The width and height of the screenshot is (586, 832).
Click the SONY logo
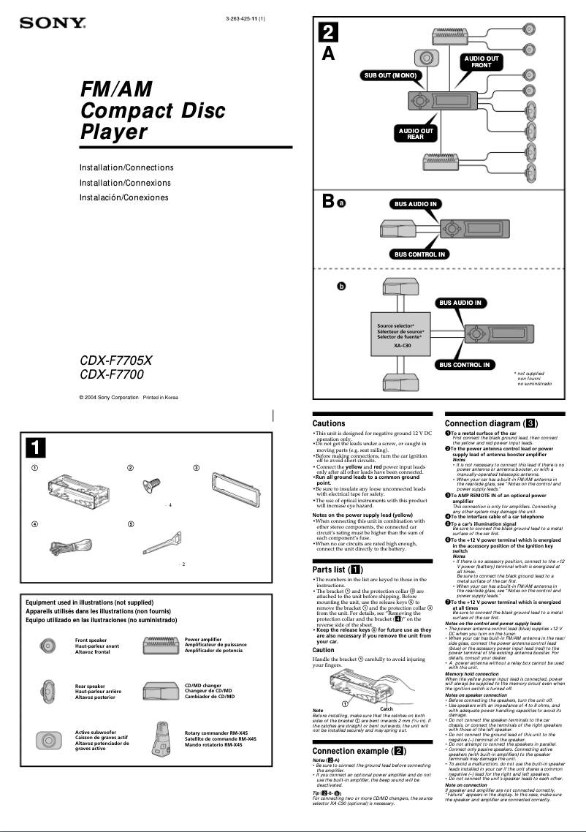(52, 23)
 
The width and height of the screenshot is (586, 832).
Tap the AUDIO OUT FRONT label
(482, 61)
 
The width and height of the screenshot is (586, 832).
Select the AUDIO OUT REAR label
(415, 133)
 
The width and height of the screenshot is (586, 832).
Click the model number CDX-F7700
(111, 374)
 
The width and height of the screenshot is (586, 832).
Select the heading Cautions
(329, 423)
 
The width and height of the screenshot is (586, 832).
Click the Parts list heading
(335, 570)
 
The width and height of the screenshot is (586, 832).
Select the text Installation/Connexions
(125, 183)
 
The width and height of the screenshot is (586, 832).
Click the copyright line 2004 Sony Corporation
(128, 397)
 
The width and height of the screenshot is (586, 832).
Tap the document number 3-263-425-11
(245, 18)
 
